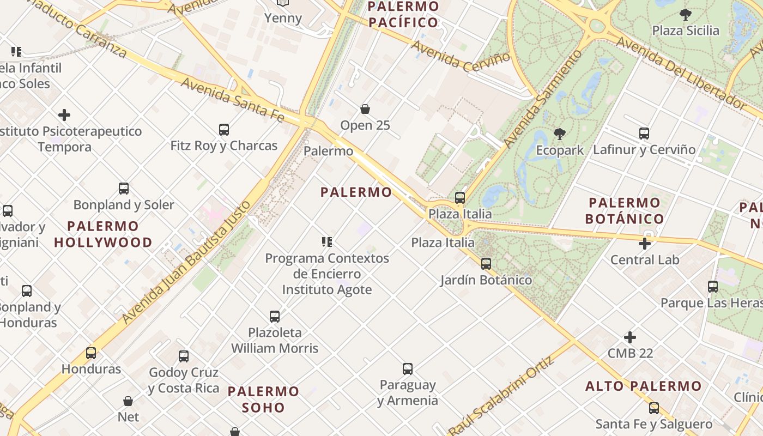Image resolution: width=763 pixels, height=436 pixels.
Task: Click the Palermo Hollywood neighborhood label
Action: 103,234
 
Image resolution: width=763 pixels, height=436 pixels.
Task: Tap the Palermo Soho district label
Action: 263,399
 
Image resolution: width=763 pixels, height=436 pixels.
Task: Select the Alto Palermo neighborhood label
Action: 644,386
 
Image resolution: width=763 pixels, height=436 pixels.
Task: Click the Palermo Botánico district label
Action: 625,211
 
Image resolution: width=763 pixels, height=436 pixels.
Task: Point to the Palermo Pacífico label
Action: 403,14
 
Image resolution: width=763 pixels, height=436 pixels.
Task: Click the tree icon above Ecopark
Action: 559,134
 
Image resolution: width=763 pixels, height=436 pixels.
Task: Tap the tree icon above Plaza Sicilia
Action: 686,15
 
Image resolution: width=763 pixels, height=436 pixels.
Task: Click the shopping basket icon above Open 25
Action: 365,109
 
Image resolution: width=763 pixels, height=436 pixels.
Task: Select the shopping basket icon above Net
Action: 128,401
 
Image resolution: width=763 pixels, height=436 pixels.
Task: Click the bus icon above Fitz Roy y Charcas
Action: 223,130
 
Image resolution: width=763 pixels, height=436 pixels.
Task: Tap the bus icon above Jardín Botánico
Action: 486,264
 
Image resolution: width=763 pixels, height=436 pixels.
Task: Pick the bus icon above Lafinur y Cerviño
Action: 644,133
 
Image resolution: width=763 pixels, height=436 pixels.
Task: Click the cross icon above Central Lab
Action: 645,244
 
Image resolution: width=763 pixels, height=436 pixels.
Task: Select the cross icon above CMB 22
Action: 630,337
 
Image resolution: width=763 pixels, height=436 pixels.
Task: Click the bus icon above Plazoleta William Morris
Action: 275,316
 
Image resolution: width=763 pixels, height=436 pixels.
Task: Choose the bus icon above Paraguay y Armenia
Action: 407,369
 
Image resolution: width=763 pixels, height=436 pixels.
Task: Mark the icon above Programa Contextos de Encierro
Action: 327,241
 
